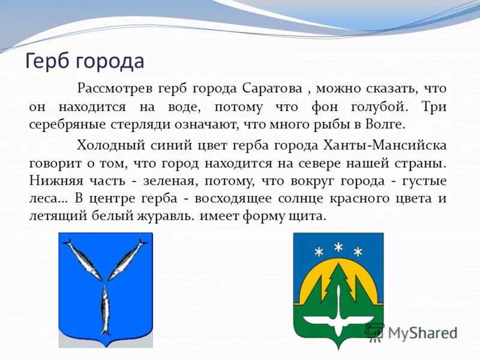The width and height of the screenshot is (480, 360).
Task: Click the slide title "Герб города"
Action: click(85, 62)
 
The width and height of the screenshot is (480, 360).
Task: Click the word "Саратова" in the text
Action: click(272, 89)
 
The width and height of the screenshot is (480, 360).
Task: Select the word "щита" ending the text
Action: click(311, 217)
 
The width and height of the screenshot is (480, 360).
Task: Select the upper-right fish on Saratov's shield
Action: click(128, 259)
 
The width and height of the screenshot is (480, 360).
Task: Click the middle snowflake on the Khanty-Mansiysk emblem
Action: click(338, 246)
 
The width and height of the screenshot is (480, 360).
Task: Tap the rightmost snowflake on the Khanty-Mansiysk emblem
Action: click(358, 251)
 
